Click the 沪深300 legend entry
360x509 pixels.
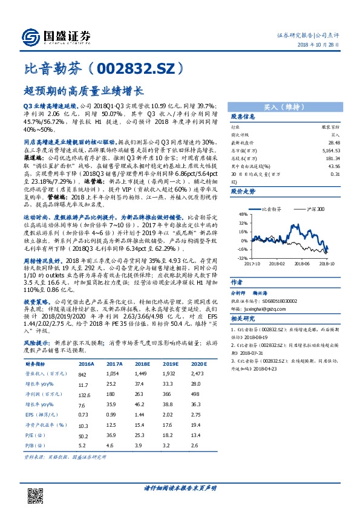coord(315,209)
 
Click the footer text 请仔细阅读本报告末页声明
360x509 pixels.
coord(180,487)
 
